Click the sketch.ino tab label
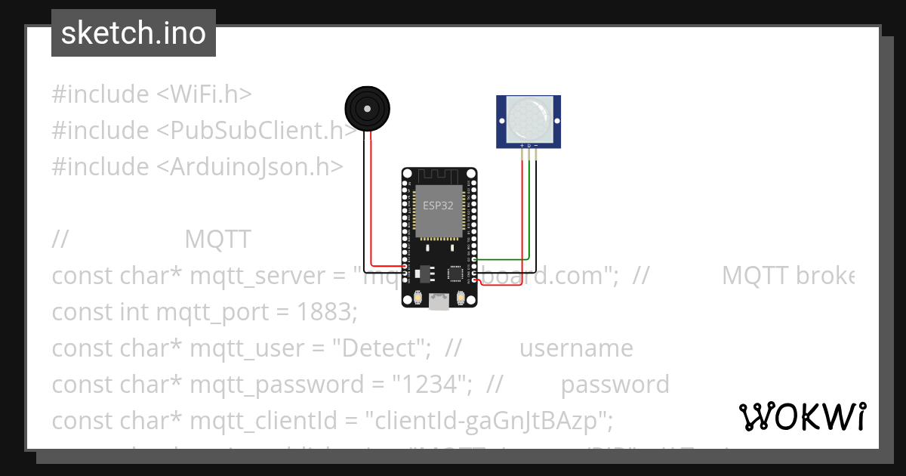(134, 33)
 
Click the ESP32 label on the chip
(438, 206)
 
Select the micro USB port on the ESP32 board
(439, 302)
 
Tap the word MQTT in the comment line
(217, 240)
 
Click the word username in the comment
(576, 348)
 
